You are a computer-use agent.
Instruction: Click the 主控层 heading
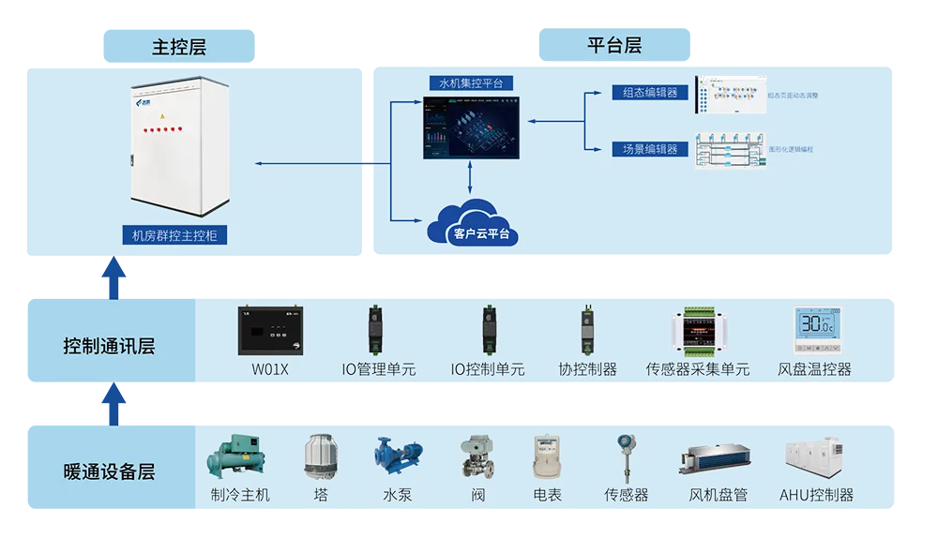[x=178, y=47]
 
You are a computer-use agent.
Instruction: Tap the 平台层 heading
[x=614, y=45]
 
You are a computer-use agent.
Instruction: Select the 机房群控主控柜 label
[x=174, y=236]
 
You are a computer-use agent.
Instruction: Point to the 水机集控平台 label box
[x=471, y=82]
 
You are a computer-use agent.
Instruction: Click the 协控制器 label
[x=587, y=369]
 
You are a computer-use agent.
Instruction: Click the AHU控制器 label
[x=816, y=495]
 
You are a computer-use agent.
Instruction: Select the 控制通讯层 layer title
[x=109, y=347]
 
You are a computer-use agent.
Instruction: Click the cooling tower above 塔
[x=321, y=456]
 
